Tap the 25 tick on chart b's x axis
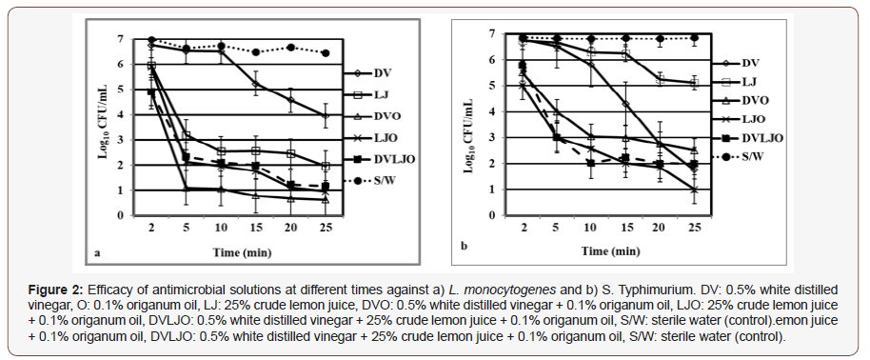(692, 228)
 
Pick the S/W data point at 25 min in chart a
(326, 53)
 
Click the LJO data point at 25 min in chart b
(692, 190)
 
